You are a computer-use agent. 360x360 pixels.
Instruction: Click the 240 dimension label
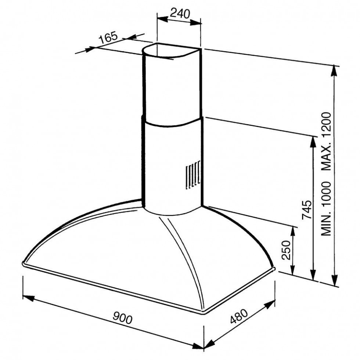[180, 14]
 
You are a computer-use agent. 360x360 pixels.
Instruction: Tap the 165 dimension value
[108, 37]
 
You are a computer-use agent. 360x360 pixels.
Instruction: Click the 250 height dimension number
[286, 250]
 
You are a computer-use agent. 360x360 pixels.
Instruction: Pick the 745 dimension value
[307, 210]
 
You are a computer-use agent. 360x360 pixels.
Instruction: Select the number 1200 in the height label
[326, 126]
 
